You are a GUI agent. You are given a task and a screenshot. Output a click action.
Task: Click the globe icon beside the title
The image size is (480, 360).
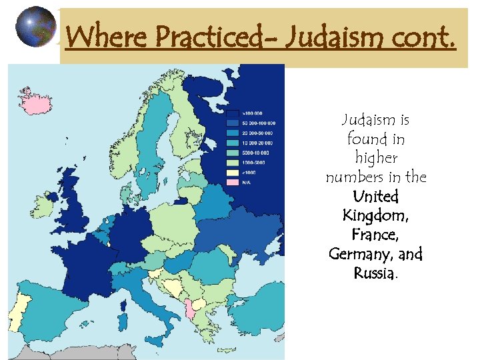(35, 27)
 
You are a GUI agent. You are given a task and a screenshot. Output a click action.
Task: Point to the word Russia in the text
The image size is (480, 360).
(374, 273)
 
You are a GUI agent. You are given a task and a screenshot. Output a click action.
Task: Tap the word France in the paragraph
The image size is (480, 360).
(376, 235)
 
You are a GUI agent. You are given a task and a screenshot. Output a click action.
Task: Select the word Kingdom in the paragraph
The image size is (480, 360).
(376, 215)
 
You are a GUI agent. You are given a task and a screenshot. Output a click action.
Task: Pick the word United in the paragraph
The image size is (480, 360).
(376, 197)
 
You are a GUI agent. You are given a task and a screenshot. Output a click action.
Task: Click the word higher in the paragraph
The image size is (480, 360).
(376, 158)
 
